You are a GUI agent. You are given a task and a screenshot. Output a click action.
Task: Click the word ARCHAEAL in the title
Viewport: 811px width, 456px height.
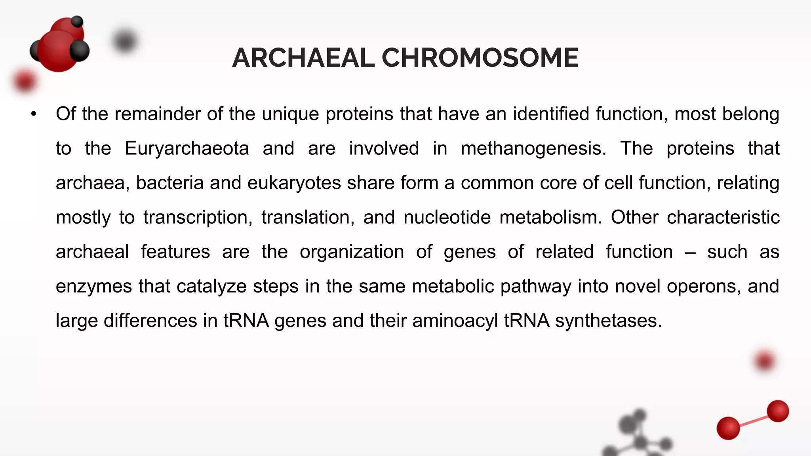point(303,58)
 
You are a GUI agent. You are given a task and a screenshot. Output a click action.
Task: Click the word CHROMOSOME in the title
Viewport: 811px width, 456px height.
point(480,58)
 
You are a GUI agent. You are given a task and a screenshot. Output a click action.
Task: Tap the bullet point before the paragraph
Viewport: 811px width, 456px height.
point(34,114)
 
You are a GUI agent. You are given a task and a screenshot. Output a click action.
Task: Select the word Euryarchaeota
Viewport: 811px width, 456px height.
point(187,148)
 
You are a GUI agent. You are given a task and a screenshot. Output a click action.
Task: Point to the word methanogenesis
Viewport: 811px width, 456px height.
point(533,148)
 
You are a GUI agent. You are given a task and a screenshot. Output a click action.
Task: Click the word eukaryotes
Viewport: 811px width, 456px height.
point(294,183)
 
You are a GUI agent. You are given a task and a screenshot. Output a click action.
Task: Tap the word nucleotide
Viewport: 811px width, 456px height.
point(447,217)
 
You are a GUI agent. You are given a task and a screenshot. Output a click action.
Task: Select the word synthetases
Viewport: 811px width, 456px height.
point(608,321)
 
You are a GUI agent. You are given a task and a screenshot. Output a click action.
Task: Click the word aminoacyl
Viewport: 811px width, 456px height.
point(455,321)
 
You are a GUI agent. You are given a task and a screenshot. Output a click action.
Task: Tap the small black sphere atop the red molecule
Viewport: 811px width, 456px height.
point(77,21)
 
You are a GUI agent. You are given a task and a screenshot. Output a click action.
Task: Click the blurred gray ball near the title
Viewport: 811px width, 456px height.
point(125,41)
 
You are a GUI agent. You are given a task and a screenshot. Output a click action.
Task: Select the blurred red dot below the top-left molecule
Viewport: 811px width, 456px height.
point(25,81)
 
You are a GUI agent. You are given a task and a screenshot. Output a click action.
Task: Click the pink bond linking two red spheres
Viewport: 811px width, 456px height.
point(753,420)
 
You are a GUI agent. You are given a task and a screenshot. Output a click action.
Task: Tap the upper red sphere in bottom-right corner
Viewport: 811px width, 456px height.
point(778,411)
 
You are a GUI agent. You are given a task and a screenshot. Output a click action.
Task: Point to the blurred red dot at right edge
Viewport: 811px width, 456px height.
point(764,361)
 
